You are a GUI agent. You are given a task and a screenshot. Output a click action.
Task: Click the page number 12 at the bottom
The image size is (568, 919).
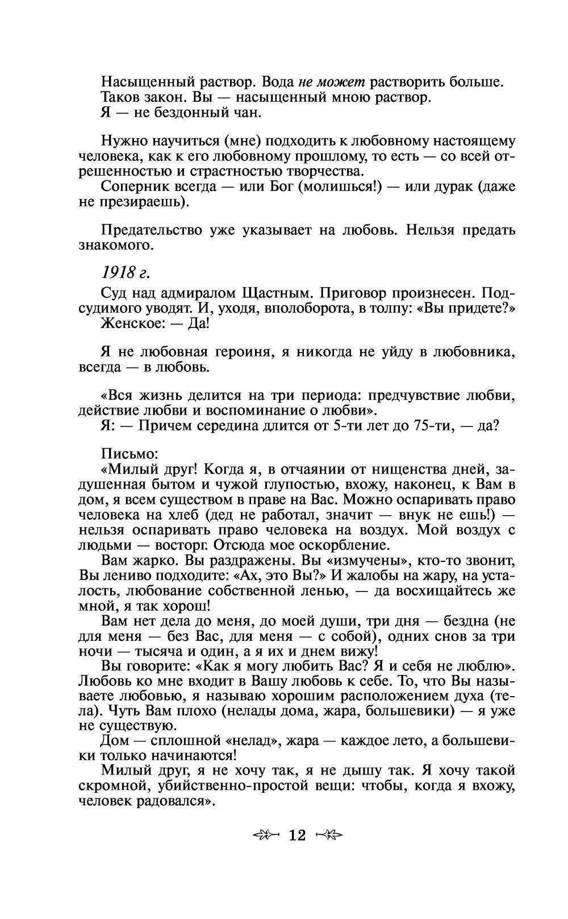(297, 835)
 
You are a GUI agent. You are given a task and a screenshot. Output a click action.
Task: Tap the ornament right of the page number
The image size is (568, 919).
(329, 835)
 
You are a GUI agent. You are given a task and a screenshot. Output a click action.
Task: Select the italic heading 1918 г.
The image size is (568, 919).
(125, 273)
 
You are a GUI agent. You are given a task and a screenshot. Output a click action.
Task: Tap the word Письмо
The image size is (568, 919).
(129, 454)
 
